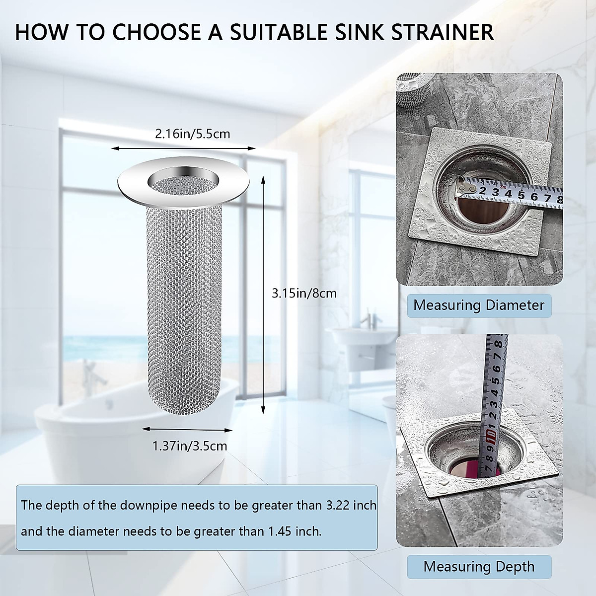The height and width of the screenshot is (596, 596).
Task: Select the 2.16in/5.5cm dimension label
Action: (193, 134)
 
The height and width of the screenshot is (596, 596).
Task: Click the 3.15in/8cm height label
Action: (304, 293)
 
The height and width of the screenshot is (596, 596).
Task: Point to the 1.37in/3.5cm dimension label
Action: (190, 446)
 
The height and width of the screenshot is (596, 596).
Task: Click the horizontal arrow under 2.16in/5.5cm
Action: (183, 148)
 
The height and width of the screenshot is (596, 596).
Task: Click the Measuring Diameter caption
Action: (479, 304)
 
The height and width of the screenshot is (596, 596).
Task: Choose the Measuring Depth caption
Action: (479, 566)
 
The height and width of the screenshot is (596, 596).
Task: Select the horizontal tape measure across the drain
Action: (512, 192)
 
